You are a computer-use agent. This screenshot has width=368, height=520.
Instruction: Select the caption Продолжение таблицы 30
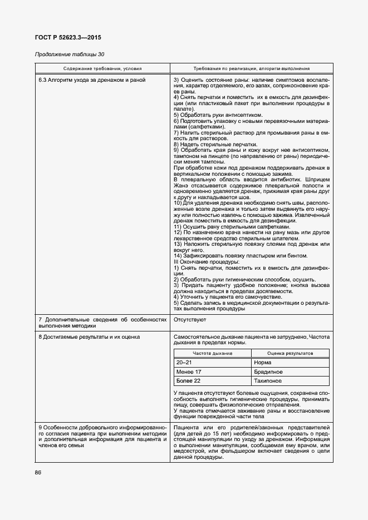pos(70,55)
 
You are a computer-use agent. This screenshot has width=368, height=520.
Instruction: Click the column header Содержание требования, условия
pos(102,69)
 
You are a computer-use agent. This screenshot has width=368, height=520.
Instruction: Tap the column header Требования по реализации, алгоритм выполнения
pos(251,69)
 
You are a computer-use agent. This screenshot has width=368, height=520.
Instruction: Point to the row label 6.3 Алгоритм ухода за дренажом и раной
pos(92,80)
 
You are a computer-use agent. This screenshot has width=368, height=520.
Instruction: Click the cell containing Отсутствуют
pos(190,320)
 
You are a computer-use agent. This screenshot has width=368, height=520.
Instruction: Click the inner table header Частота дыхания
pos(212,353)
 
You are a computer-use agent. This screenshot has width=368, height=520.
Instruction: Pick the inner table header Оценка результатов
pos(290,353)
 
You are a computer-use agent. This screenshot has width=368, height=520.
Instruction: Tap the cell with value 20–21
pos(184,363)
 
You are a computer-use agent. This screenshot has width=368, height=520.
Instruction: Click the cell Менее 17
pos(188,372)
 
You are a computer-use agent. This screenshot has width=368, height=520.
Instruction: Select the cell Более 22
pos(188,381)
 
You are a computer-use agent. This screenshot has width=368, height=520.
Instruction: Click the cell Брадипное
pos(268,372)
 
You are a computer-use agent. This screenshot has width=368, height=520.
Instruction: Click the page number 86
pos(38,472)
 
